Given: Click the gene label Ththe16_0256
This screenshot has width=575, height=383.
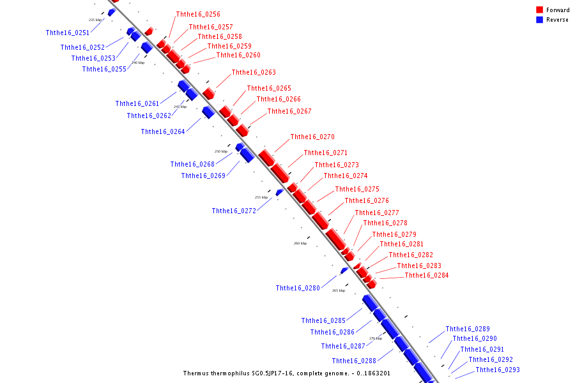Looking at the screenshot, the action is [x=198, y=14].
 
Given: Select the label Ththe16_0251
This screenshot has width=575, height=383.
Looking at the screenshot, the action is [x=68, y=33].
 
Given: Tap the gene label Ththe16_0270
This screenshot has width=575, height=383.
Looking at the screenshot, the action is [x=312, y=137].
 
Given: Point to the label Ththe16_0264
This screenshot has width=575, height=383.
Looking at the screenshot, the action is [x=163, y=131].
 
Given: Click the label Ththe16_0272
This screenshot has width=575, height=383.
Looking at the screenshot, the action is [x=234, y=211].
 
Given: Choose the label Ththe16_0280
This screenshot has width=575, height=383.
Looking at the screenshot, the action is [x=298, y=288].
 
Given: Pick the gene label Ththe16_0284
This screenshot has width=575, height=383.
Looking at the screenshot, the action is [x=427, y=275].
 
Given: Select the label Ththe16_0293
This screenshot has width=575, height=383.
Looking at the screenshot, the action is [x=498, y=370].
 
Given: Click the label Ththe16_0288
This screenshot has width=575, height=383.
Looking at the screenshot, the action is [x=354, y=361].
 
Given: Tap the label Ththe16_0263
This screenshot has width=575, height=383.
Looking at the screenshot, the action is [x=254, y=72].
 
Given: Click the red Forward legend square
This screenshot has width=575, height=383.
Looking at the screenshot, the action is [x=540, y=10].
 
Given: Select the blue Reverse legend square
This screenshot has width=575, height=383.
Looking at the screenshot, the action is [x=540, y=20].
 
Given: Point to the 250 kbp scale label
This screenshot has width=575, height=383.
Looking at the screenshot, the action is [x=220, y=151].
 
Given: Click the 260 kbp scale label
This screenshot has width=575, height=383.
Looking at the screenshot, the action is [x=300, y=243].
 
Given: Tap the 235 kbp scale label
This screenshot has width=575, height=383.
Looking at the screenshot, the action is [x=95, y=20].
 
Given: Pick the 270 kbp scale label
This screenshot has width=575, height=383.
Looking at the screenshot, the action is [x=376, y=338].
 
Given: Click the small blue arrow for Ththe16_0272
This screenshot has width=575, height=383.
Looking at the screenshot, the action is [x=279, y=192].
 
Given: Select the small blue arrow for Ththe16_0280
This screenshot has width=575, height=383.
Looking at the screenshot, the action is [x=344, y=271].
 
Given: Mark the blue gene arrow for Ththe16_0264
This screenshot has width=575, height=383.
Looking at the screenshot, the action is [x=208, y=112].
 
